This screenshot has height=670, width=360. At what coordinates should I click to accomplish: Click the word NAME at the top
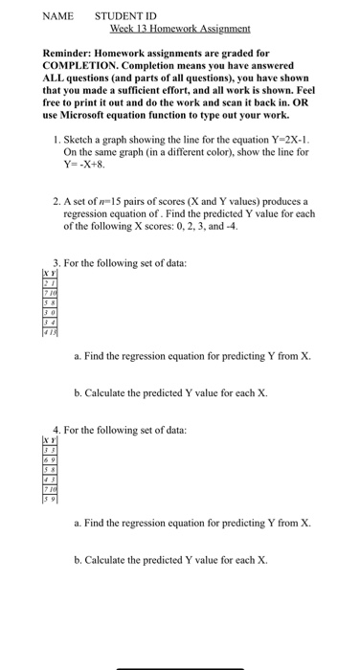tap(60, 16)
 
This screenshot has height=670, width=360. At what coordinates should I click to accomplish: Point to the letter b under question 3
tap(77, 392)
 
